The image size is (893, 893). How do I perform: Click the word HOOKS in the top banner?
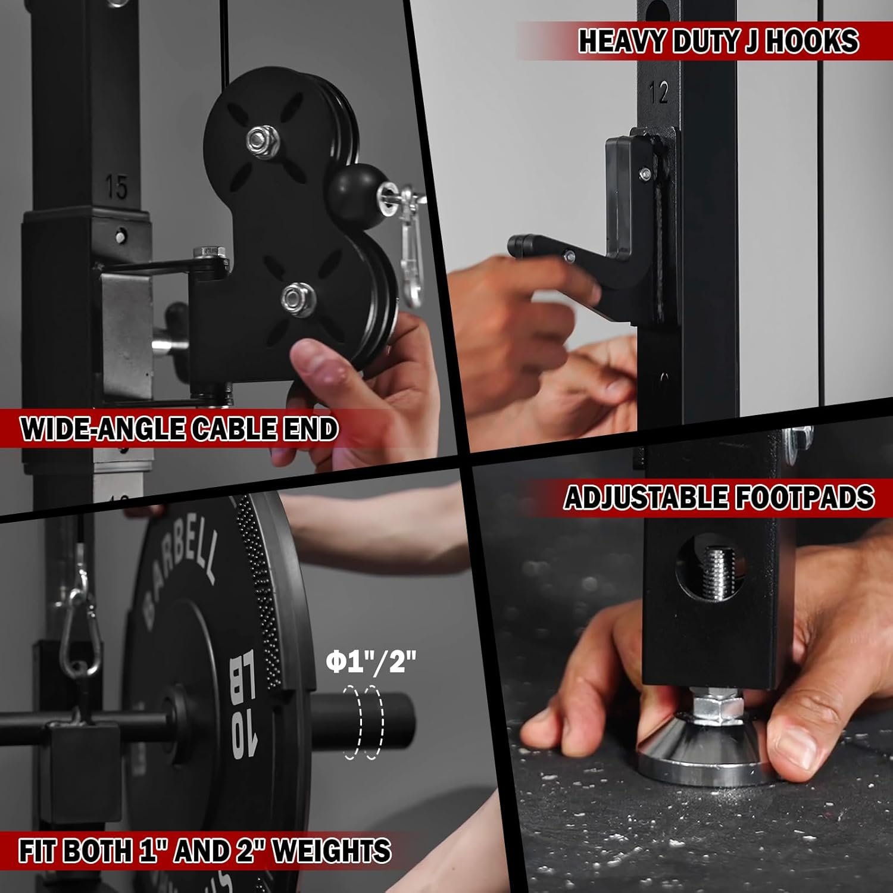[811, 41]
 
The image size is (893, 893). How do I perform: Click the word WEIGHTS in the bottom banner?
[332, 850]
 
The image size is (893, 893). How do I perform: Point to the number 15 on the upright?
[116, 188]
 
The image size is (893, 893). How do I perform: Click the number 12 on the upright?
[659, 92]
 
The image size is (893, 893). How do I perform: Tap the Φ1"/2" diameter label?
[371, 661]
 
